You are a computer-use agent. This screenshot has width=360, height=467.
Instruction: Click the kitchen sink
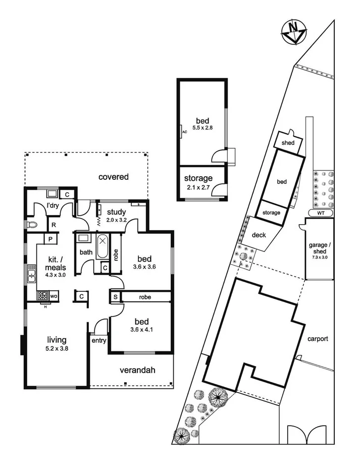pyautogui.click(x=31, y=276)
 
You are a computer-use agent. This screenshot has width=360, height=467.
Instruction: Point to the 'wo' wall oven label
pyautogui.click(x=53, y=295)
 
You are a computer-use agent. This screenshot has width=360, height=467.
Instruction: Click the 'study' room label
pyautogui.click(x=116, y=211)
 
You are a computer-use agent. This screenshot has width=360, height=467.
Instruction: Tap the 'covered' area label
pyautogui.click(x=113, y=177)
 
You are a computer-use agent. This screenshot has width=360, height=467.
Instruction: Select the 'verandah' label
pyautogui.click(x=137, y=370)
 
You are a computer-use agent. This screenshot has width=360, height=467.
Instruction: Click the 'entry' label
pyautogui.click(x=98, y=341)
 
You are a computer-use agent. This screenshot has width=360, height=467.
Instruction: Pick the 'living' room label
pyautogui.click(x=57, y=340)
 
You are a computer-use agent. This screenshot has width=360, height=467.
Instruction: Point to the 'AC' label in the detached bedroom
pyautogui.click(x=184, y=132)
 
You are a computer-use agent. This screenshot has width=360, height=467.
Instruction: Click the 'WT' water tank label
pyautogui.click(x=321, y=213)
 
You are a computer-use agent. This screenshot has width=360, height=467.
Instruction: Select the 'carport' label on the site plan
pyautogui.click(x=318, y=339)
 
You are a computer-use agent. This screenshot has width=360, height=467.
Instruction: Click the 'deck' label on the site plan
pyautogui.click(x=259, y=234)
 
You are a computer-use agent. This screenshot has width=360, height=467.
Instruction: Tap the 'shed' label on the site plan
pyautogui.click(x=288, y=143)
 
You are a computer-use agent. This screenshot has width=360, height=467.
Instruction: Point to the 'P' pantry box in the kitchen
pyautogui.click(x=52, y=239)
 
